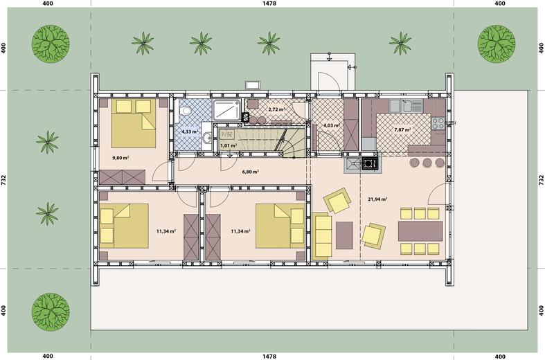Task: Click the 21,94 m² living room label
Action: point(377,199)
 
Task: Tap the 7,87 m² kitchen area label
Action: point(402,129)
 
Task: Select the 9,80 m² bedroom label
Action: point(120,158)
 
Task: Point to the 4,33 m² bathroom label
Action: point(190,132)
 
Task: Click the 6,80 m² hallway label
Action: point(250,172)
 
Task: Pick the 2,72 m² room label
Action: point(276,109)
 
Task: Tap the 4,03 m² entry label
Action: point(331,125)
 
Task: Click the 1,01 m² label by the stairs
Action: point(229,145)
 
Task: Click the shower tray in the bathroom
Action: point(227,110)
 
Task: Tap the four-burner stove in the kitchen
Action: point(438,123)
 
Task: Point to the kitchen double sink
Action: point(406,106)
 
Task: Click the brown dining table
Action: point(420,231)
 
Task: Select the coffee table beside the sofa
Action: point(344,235)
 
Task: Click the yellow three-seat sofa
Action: point(322,236)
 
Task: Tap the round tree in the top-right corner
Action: point(497,44)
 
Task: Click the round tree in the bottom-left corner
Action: point(51,312)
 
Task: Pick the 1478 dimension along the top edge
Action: point(269,3)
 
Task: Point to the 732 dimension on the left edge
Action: point(4,179)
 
